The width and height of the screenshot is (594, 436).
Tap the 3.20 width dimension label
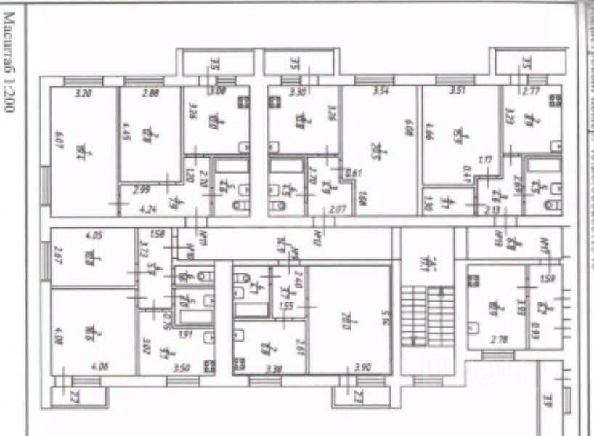[85, 92]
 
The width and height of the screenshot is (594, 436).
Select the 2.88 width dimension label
[150, 92]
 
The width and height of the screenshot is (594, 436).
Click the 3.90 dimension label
[362, 367]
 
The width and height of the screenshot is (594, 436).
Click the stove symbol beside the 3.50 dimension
[209, 366]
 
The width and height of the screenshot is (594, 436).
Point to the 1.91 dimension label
[185, 335]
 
